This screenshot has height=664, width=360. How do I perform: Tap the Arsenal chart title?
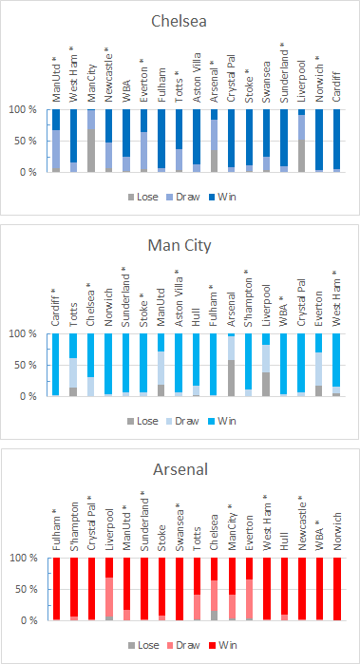point(180,469)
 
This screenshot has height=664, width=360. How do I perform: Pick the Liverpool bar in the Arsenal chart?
point(109,589)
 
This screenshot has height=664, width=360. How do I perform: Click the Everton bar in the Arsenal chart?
point(249,589)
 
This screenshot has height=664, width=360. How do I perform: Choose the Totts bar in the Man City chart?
point(74,365)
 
